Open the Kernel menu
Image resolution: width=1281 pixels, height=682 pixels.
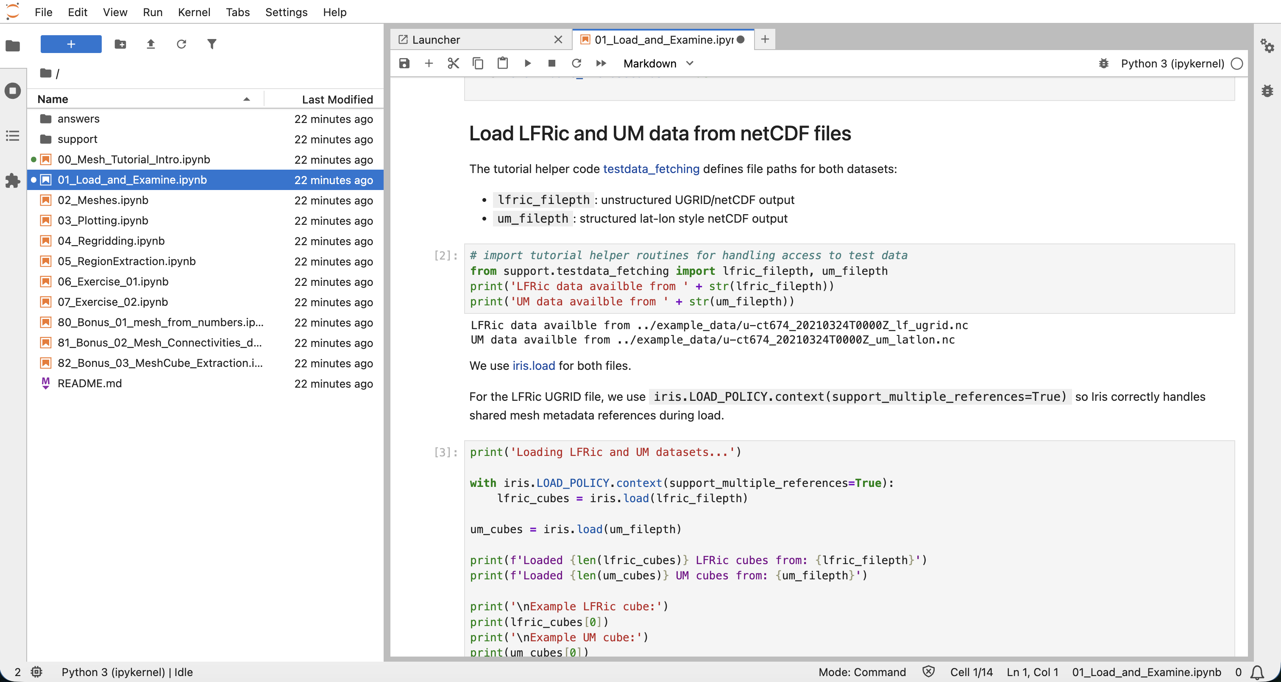[194, 12]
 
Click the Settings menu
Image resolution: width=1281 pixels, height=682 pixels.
[287, 12]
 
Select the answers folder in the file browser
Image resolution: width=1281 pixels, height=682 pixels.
[78, 119]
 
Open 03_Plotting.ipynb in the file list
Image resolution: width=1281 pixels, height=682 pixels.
[103, 221]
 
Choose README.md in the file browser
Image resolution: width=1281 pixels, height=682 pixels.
[89, 383]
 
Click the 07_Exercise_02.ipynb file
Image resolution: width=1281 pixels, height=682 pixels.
[113, 302]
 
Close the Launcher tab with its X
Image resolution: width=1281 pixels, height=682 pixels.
[558, 40]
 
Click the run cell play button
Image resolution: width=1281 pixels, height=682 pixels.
[528, 64]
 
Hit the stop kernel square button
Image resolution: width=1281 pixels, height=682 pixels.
[552, 64]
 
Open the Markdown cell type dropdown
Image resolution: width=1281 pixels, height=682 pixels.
[658, 64]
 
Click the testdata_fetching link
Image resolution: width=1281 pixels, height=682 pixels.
[651, 169]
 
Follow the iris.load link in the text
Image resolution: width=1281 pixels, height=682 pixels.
[534, 366]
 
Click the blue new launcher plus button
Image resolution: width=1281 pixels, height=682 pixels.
[71, 44]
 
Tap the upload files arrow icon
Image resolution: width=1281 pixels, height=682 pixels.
[150, 44]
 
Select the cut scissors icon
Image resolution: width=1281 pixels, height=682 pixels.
[453, 64]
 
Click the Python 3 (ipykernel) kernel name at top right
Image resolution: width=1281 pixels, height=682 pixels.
[1172, 64]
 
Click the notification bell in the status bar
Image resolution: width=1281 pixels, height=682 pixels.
[1258, 673]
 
